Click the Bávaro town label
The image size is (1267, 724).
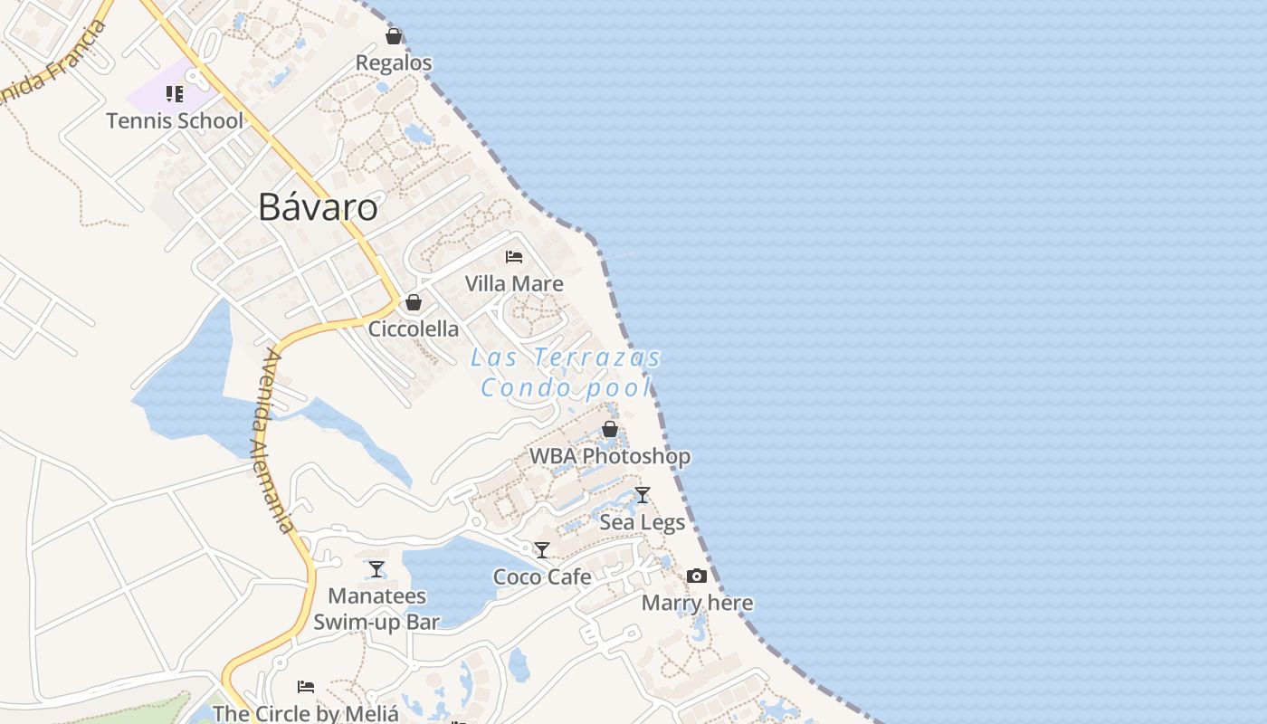click(318, 207)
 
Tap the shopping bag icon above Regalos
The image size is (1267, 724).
click(394, 36)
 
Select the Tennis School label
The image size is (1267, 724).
click(175, 120)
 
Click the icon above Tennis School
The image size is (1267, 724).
click(175, 94)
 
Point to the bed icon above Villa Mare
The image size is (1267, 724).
click(514, 257)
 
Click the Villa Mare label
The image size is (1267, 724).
click(514, 283)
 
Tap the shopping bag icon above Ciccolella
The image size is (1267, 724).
click(414, 302)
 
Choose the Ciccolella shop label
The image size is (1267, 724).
click(414, 329)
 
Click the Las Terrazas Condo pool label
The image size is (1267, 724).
click(567, 372)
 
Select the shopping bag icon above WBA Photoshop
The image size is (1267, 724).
click(610, 429)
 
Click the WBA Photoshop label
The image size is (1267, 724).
click(610, 456)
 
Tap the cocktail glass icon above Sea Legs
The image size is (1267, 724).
click(643, 495)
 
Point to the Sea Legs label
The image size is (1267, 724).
click(643, 522)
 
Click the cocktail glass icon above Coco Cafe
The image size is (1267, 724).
click(542, 550)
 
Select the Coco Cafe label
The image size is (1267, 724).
click(542, 576)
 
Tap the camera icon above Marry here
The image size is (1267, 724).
click(697, 576)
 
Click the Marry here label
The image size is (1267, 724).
click(697, 603)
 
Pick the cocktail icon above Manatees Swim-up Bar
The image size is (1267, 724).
click(376, 569)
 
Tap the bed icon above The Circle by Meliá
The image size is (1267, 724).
click(306, 687)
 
